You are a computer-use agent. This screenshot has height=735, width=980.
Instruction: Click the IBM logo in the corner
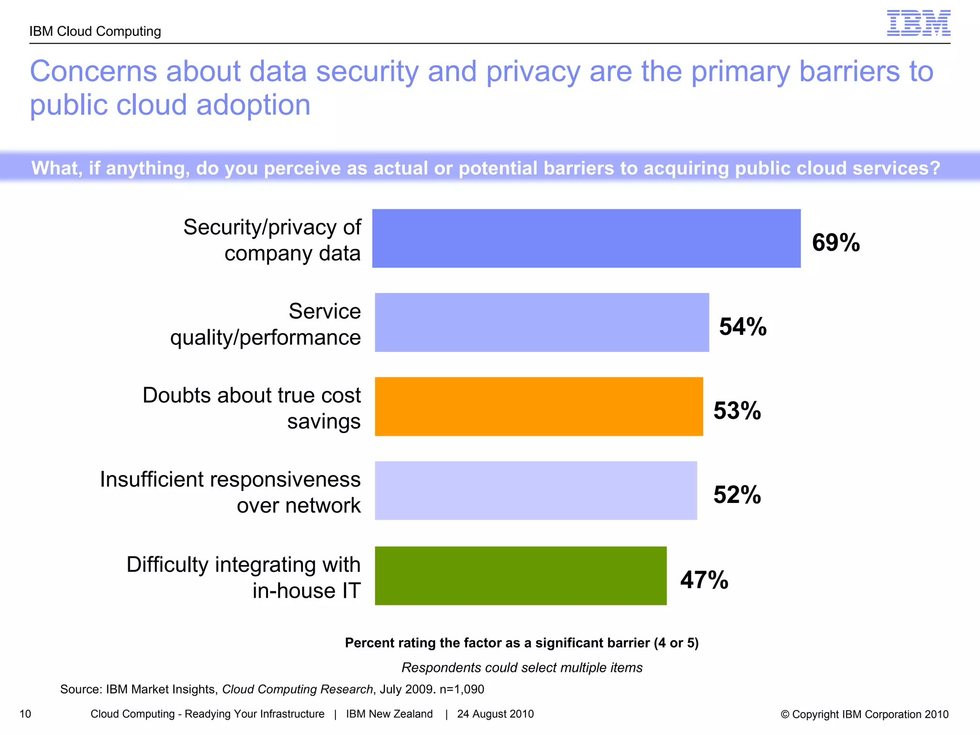tap(918, 23)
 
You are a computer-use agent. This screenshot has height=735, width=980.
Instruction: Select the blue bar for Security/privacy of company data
tap(586, 238)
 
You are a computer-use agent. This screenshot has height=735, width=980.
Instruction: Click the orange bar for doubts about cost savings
tap(539, 407)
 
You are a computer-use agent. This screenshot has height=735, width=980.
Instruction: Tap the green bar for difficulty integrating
tap(521, 576)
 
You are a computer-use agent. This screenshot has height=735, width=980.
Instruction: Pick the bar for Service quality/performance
tap(542, 323)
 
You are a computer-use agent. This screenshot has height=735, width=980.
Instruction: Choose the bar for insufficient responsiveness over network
tap(536, 490)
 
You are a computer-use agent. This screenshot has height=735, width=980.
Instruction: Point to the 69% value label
tap(836, 242)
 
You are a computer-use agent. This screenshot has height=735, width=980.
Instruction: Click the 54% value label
tap(743, 326)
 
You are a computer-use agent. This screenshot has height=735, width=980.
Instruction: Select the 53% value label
tap(737, 411)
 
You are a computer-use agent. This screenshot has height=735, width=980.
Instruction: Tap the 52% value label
tap(737, 494)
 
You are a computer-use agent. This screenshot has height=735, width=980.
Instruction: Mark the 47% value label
tap(704, 579)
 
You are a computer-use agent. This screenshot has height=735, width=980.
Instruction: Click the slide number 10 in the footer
tap(25, 714)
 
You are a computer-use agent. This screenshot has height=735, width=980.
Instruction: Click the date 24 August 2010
tap(495, 714)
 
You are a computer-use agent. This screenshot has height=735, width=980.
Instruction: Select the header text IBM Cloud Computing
tap(95, 31)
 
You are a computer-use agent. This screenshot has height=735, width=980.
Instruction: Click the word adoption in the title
tap(253, 105)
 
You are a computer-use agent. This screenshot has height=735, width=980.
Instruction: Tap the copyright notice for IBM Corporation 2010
tap(864, 714)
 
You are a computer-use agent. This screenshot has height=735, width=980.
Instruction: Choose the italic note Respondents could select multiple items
tap(522, 668)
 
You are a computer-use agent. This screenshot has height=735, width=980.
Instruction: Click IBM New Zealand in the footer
tap(389, 714)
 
